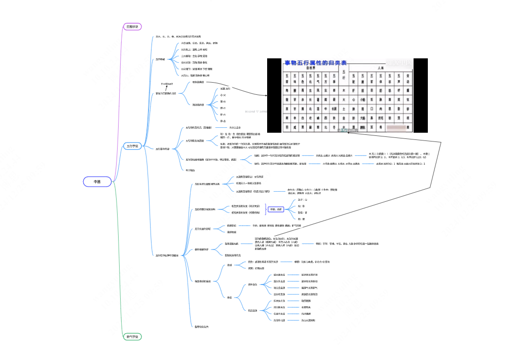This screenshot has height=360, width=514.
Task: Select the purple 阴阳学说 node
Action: [133, 26]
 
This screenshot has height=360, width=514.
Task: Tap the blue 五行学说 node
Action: [133, 147]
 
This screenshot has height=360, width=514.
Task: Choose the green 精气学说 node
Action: [133, 337]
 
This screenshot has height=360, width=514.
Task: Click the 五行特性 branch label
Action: [160, 59]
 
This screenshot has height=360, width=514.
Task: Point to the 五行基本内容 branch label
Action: [162, 149]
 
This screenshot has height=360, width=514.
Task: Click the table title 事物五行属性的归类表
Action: [315, 63]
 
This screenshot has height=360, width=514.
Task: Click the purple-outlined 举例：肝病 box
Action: [276, 209]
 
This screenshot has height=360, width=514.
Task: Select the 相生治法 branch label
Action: [252, 284]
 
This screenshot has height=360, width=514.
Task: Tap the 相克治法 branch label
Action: [252, 310]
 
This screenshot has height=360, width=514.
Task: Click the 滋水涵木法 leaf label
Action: [279, 275]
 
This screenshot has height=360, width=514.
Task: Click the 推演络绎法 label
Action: [198, 104]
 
